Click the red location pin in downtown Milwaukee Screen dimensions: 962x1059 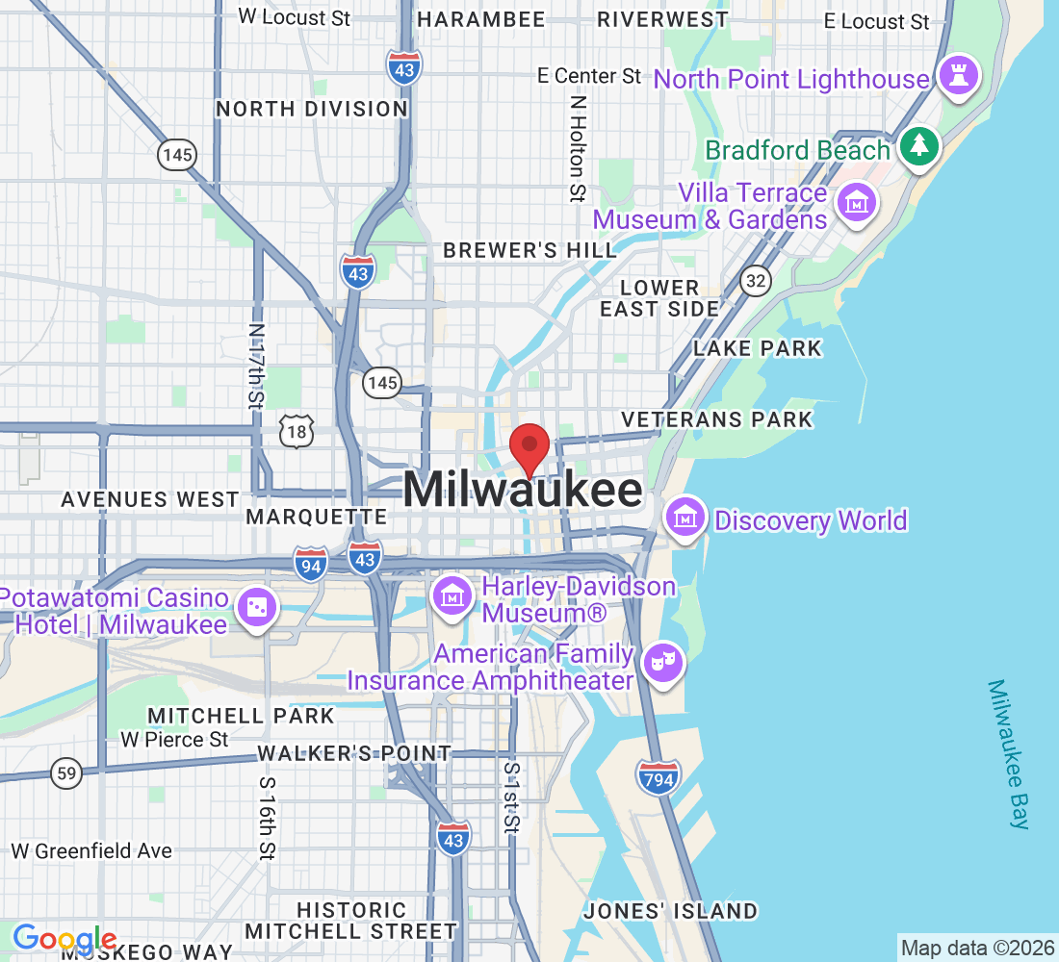click(x=529, y=447)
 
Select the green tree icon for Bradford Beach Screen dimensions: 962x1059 click(x=920, y=146)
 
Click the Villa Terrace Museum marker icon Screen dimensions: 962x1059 click(x=855, y=203)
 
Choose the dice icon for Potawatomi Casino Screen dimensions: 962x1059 click(x=257, y=606)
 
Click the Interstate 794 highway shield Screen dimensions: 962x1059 click(x=659, y=775)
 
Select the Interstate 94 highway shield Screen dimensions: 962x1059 click(x=311, y=564)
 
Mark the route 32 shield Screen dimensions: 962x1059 click(x=755, y=280)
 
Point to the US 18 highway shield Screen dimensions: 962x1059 click(x=297, y=433)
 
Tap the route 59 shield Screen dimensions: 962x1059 click(x=66, y=773)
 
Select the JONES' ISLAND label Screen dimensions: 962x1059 click(x=670, y=910)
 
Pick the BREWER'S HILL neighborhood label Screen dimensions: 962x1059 click(x=529, y=250)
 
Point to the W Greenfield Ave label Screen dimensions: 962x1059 click(x=91, y=850)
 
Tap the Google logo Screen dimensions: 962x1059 click(x=65, y=938)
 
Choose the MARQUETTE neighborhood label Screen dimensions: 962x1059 click(x=317, y=517)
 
